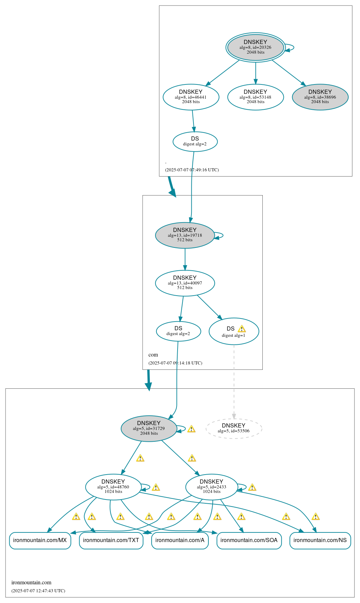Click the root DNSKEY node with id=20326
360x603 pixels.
tap(255, 47)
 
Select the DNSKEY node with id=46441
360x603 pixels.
tap(191, 97)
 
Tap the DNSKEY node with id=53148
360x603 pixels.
tap(255, 97)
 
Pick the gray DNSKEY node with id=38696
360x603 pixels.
tap(320, 97)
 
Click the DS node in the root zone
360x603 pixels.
tap(195, 141)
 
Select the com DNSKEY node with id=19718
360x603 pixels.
tap(185, 235)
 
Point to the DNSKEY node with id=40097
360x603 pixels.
tap(185, 283)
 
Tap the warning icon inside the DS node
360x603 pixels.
tap(242, 329)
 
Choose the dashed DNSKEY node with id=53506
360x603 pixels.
tap(234, 428)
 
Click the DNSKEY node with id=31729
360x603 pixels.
tap(149, 428)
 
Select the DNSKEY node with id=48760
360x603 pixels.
tap(113, 487)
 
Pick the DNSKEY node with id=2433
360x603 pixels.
tap(211, 487)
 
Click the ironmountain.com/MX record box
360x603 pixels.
tap(40, 540)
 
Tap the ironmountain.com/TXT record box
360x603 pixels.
tap(111, 540)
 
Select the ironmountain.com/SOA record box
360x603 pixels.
tap(249, 540)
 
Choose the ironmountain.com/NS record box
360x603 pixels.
tap(320, 540)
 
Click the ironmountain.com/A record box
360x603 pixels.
tap(180, 540)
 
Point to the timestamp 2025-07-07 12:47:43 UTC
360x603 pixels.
tap(38, 591)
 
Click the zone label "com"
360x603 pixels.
tap(153, 355)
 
